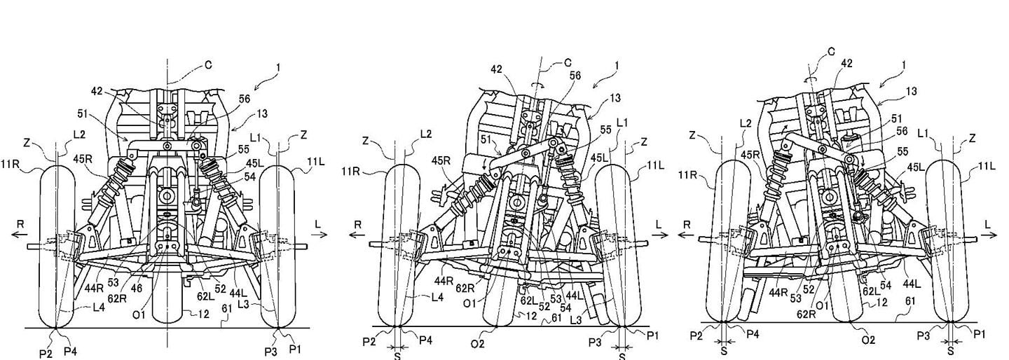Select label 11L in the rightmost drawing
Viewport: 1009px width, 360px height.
point(988,165)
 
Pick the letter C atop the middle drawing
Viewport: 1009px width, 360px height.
point(568,62)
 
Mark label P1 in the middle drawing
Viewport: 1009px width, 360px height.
point(652,336)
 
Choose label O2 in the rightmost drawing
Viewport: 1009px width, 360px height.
point(868,340)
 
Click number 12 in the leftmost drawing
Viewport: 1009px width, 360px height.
point(203,314)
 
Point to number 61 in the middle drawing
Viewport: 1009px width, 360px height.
point(556,317)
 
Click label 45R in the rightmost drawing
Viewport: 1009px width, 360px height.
point(749,154)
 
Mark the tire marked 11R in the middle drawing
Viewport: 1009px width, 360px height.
point(397,245)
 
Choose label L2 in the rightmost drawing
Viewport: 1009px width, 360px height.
point(746,123)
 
